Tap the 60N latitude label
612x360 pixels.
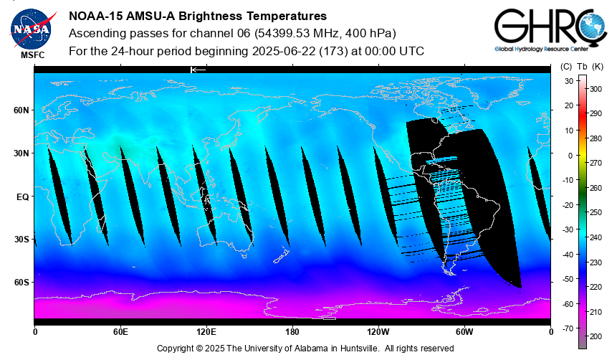click(21, 110)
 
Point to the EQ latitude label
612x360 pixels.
click(22, 196)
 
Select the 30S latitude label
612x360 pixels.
click(21, 239)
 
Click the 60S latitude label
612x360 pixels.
click(21, 282)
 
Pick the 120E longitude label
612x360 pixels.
click(206, 331)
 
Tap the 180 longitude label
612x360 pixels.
click(292, 331)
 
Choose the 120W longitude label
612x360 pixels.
click(378, 331)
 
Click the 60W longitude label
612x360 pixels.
click(464, 331)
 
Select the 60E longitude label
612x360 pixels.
click(120, 331)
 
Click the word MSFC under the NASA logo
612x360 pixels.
click(32, 55)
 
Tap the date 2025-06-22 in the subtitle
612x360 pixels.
click(282, 52)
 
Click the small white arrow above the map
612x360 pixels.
click(198, 70)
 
